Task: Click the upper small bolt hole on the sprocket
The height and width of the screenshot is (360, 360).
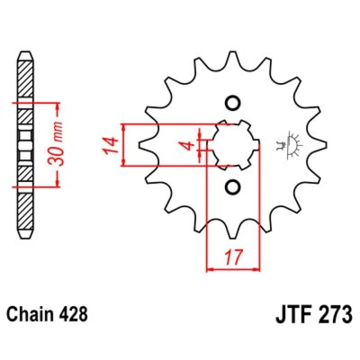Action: [233, 103]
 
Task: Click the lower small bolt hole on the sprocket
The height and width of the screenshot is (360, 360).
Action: [232, 187]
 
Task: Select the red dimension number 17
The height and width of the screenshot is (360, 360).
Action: [234, 256]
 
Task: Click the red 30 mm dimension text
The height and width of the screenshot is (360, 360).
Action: [55, 144]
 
